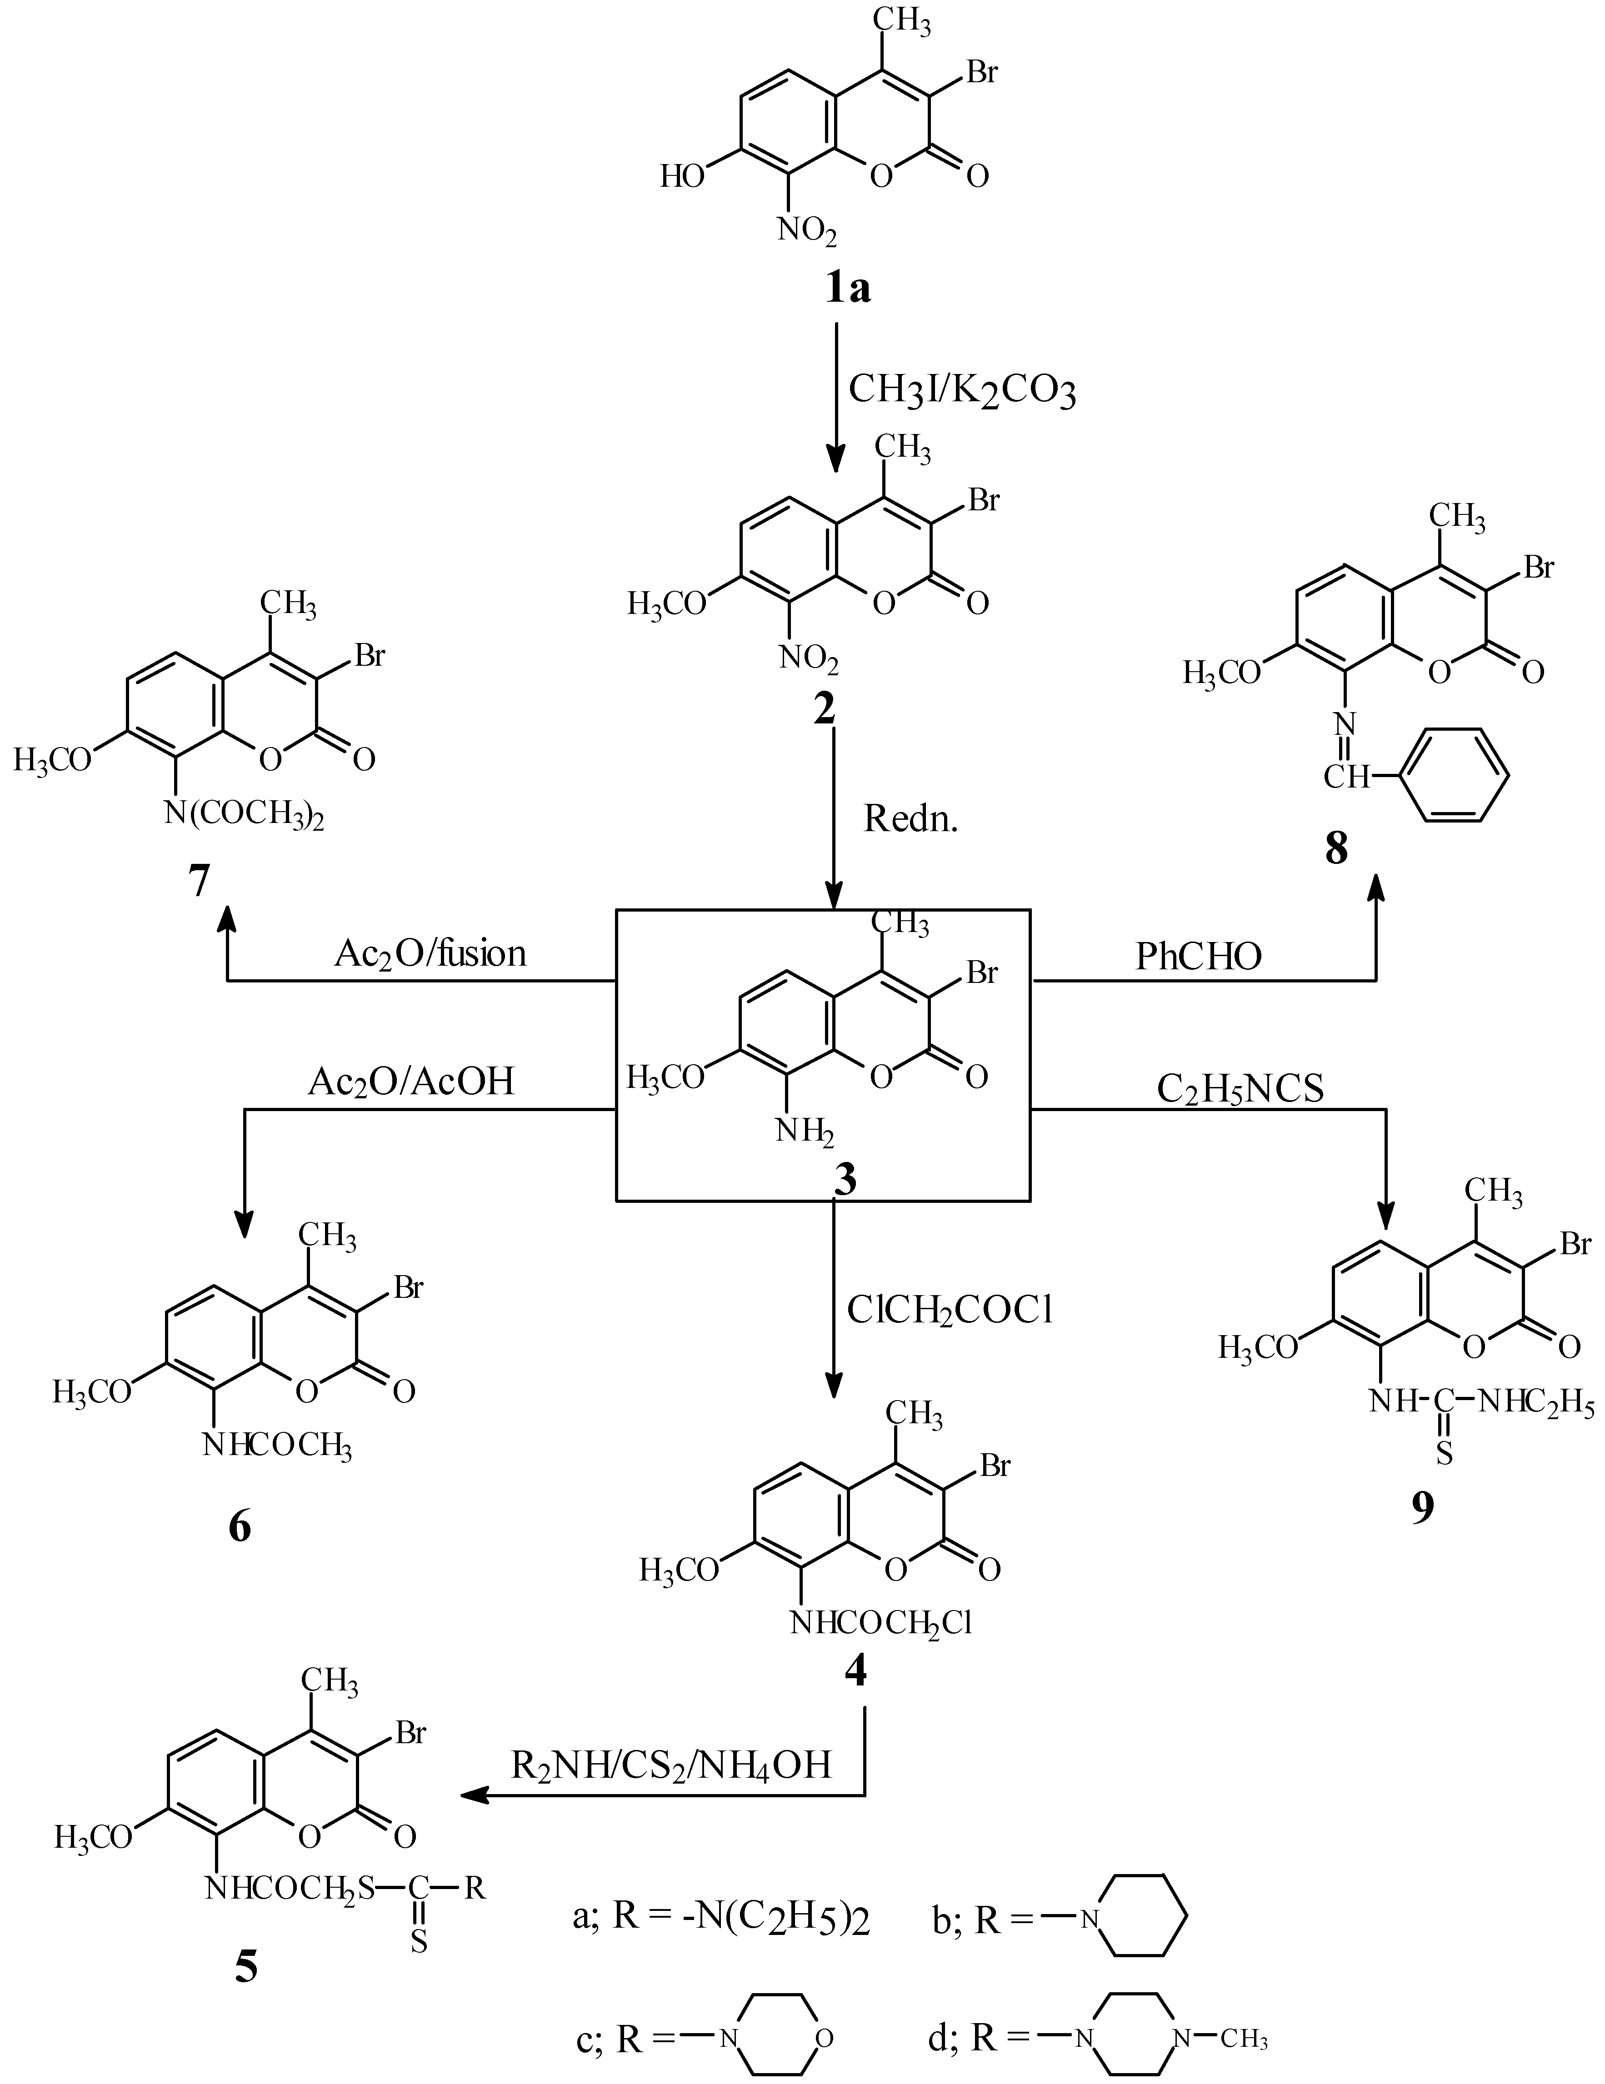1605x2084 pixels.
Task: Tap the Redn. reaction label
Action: [x=910, y=818]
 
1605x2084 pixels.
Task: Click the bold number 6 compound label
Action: [x=240, y=1527]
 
